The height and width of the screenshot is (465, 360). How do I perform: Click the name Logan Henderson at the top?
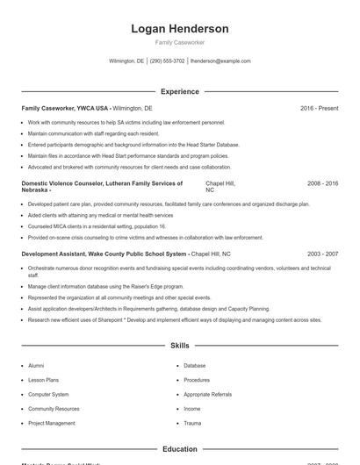point(179,29)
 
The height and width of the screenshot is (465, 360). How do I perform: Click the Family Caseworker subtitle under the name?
point(179,43)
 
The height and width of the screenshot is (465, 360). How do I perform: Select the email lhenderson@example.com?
point(220,61)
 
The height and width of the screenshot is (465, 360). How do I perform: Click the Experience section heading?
point(179,91)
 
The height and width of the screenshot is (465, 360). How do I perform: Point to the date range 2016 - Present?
point(319,108)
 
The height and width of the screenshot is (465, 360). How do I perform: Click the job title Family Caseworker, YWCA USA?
point(65,108)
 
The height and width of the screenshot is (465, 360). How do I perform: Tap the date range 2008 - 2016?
point(322,183)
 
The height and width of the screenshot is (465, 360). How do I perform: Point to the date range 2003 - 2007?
point(322,253)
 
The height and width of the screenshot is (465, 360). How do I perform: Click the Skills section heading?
point(179,346)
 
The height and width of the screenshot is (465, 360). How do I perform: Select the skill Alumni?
point(36,365)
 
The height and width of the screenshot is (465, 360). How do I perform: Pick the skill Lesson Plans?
point(44,380)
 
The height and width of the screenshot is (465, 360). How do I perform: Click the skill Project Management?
point(51,423)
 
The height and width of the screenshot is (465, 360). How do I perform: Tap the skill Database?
point(194,365)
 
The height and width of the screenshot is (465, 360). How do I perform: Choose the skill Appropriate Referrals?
point(208,394)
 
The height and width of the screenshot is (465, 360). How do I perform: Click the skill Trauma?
point(192,423)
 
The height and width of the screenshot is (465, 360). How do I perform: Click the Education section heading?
point(179,449)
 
